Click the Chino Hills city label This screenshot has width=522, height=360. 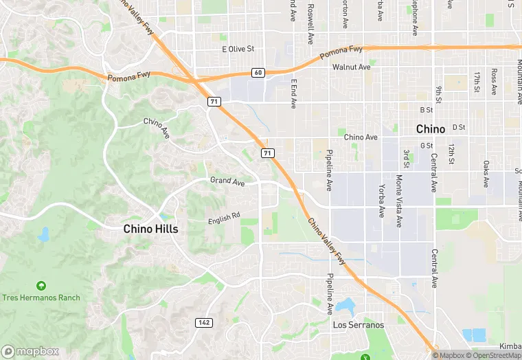150,229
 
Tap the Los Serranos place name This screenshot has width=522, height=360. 359,324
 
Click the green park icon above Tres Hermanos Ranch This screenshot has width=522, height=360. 41,285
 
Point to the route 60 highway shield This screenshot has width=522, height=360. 258,72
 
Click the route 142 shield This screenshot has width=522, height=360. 203,322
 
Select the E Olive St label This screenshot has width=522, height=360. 238,49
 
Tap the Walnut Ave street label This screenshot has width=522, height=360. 351,67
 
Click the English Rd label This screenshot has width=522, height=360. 224,218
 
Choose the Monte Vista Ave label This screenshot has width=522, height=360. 399,201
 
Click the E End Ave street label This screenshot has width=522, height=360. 293,93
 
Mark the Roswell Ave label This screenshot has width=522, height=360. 310,22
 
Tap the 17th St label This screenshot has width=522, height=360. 476,82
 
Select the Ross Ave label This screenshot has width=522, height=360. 494,81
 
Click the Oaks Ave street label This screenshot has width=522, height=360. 486,174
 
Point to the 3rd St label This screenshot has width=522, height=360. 406,158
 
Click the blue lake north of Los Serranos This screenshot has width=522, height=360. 346,304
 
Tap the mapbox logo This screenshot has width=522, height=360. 30,351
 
